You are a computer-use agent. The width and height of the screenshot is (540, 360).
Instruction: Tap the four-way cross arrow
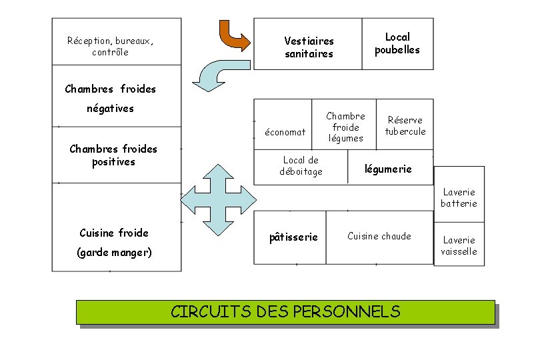(x=219, y=198)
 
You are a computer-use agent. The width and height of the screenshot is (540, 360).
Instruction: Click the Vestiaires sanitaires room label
(x=309, y=47)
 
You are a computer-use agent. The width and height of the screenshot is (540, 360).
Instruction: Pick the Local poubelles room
(x=397, y=43)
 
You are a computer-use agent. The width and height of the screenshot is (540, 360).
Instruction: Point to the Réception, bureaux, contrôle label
(x=110, y=46)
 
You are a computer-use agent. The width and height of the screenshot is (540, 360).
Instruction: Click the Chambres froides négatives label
(x=111, y=98)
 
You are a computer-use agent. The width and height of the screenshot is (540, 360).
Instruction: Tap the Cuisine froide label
(x=114, y=233)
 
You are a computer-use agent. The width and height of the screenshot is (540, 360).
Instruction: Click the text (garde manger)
(x=115, y=253)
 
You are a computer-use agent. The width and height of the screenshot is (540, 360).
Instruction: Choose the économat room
(x=285, y=132)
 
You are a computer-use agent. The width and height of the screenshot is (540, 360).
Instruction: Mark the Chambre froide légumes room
(x=345, y=127)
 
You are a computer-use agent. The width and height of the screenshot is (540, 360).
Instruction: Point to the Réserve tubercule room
(x=405, y=125)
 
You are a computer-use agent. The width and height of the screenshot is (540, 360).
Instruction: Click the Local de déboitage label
(x=301, y=165)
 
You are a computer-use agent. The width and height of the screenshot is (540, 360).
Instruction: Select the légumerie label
(x=388, y=169)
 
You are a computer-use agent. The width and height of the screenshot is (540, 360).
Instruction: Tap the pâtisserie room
(x=293, y=237)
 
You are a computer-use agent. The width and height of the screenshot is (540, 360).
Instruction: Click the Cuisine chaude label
(x=379, y=236)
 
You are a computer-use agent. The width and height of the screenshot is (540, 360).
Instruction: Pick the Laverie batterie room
(x=459, y=198)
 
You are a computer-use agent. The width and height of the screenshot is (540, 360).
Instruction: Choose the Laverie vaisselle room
(x=459, y=245)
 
